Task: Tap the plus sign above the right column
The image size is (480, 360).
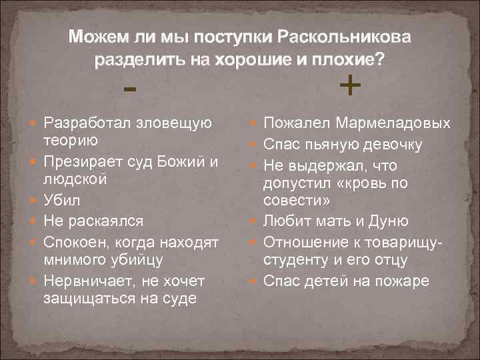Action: pyautogui.click(x=350, y=85)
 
